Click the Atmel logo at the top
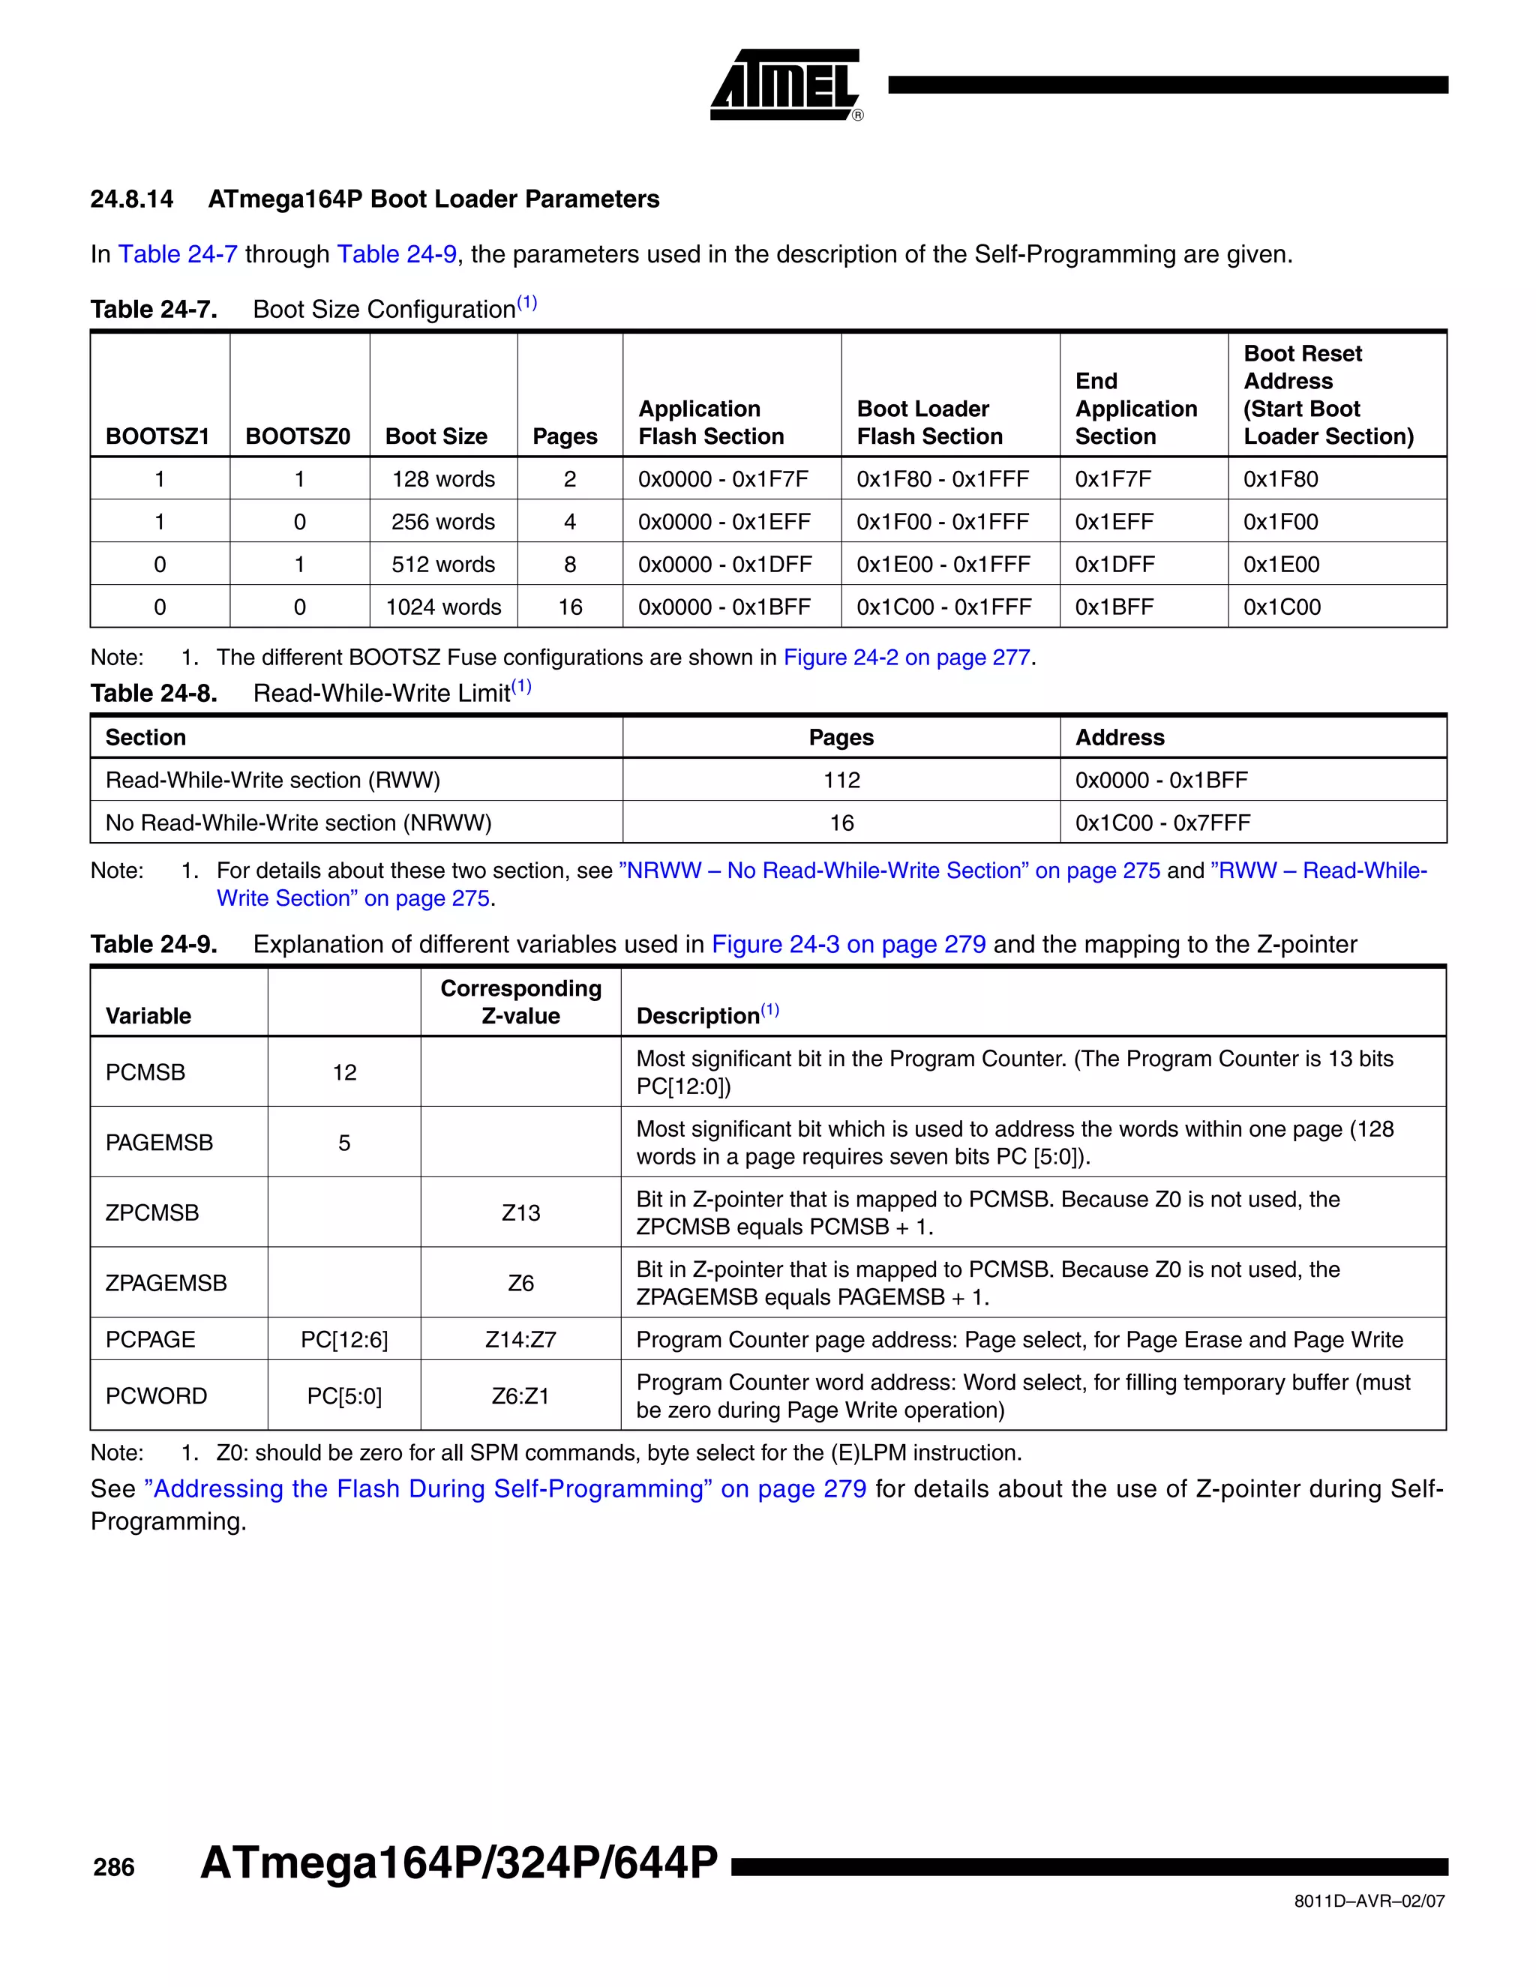click(x=784, y=85)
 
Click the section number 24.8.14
click(x=131, y=199)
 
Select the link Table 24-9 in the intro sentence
click(x=397, y=255)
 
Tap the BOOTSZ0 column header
click(x=298, y=436)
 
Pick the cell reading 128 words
click(x=443, y=479)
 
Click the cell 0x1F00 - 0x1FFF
click(x=943, y=522)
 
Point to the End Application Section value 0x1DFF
click(x=1114, y=565)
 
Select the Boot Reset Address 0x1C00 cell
click(x=1281, y=608)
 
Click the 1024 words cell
click(x=443, y=608)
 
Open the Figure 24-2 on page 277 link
click(x=906, y=658)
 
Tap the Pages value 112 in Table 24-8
click(x=841, y=781)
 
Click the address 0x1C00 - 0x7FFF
click(x=1162, y=823)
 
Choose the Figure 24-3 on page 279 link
click(x=848, y=944)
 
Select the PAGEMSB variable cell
click(x=159, y=1143)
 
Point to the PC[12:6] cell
click(x=344, y=1340)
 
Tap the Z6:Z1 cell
click(x=520, y=1397)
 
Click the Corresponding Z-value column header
click(x=520, y=1002)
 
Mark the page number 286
click(x=114, y=1868)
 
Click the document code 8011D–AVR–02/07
click(x=1369, y=1902)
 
